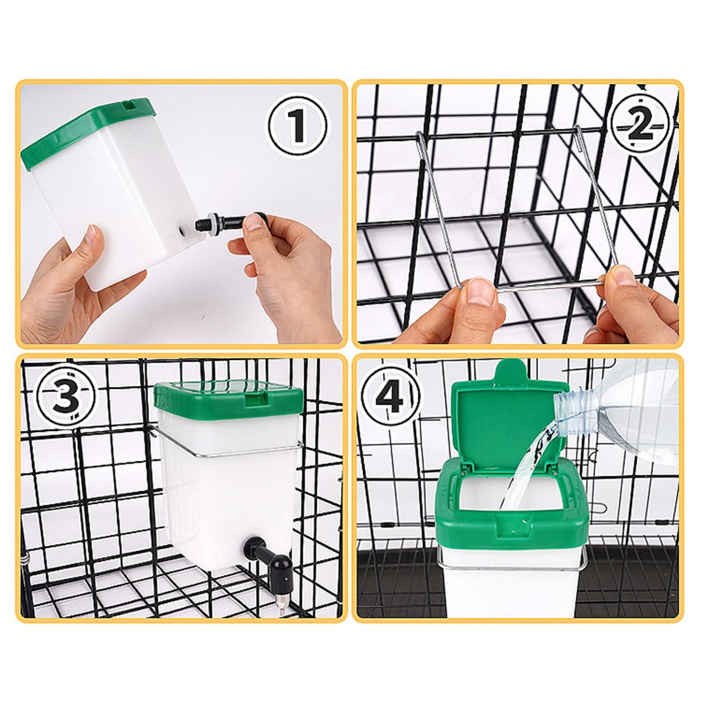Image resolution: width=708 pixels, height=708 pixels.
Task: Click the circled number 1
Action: click(297, 126)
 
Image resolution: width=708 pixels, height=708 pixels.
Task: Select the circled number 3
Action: click(67, 396)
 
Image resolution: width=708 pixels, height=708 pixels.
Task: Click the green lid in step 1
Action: click(87, 131)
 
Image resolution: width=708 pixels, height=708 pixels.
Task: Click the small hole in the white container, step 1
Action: click(182, 231)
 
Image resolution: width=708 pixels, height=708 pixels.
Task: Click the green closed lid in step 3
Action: click(228, 399)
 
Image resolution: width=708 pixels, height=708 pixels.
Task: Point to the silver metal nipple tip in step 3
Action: click(283, 599)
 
